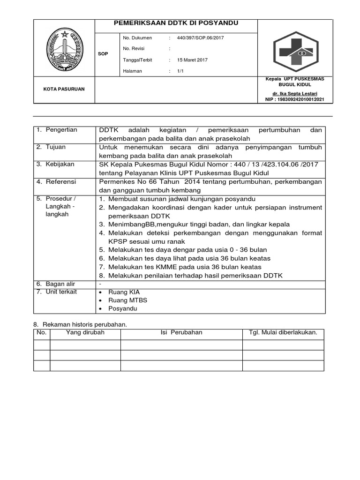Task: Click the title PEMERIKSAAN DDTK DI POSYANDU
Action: [176, 23]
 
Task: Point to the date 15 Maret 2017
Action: [192, 60]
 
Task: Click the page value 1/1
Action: [180, 71]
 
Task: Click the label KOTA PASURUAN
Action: [64, 89]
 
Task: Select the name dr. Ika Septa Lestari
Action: [298, 94]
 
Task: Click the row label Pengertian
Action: [61, 130]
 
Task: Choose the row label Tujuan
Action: [55, 147]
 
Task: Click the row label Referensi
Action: [60, 181]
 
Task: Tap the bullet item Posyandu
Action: [123, 309]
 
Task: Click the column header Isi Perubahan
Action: [181, 332]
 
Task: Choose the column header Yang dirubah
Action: [85, 332]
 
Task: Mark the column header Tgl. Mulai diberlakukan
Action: [283, 332]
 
